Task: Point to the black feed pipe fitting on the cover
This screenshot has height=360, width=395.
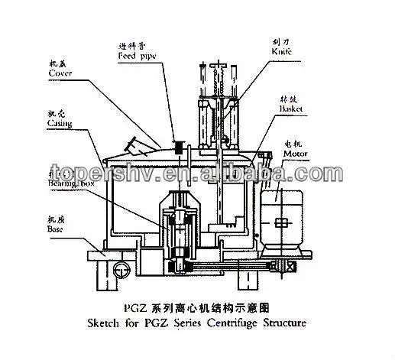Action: [176, 151]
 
